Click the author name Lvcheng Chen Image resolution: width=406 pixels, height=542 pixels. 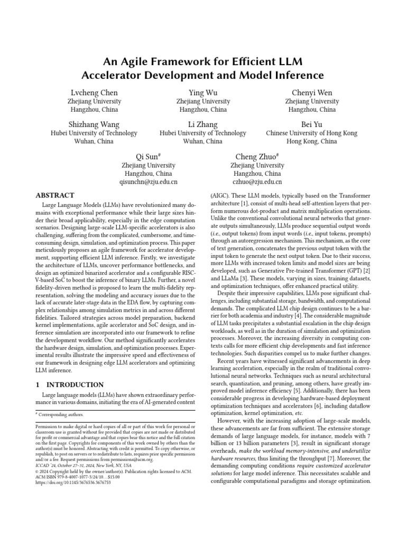tap(94, 93)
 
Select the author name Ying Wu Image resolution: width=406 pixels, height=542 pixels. tap(203, 93)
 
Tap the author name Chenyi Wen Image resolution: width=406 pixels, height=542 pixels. tap(312, 93)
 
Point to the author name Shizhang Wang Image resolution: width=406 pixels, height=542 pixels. tap(94, 124)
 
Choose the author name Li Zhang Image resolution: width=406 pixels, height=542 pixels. tap(203, 124)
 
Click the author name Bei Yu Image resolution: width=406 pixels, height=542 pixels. tap(312, 124)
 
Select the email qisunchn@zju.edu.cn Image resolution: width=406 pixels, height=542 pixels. tap(149, 182)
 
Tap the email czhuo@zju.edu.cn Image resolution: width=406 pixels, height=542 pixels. tap(257, 182)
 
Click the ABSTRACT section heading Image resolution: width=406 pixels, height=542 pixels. tap(54, 195)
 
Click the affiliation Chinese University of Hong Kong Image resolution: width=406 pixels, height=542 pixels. tap(312, 133)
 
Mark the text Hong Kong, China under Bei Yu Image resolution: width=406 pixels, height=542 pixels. tap(312, 142)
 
